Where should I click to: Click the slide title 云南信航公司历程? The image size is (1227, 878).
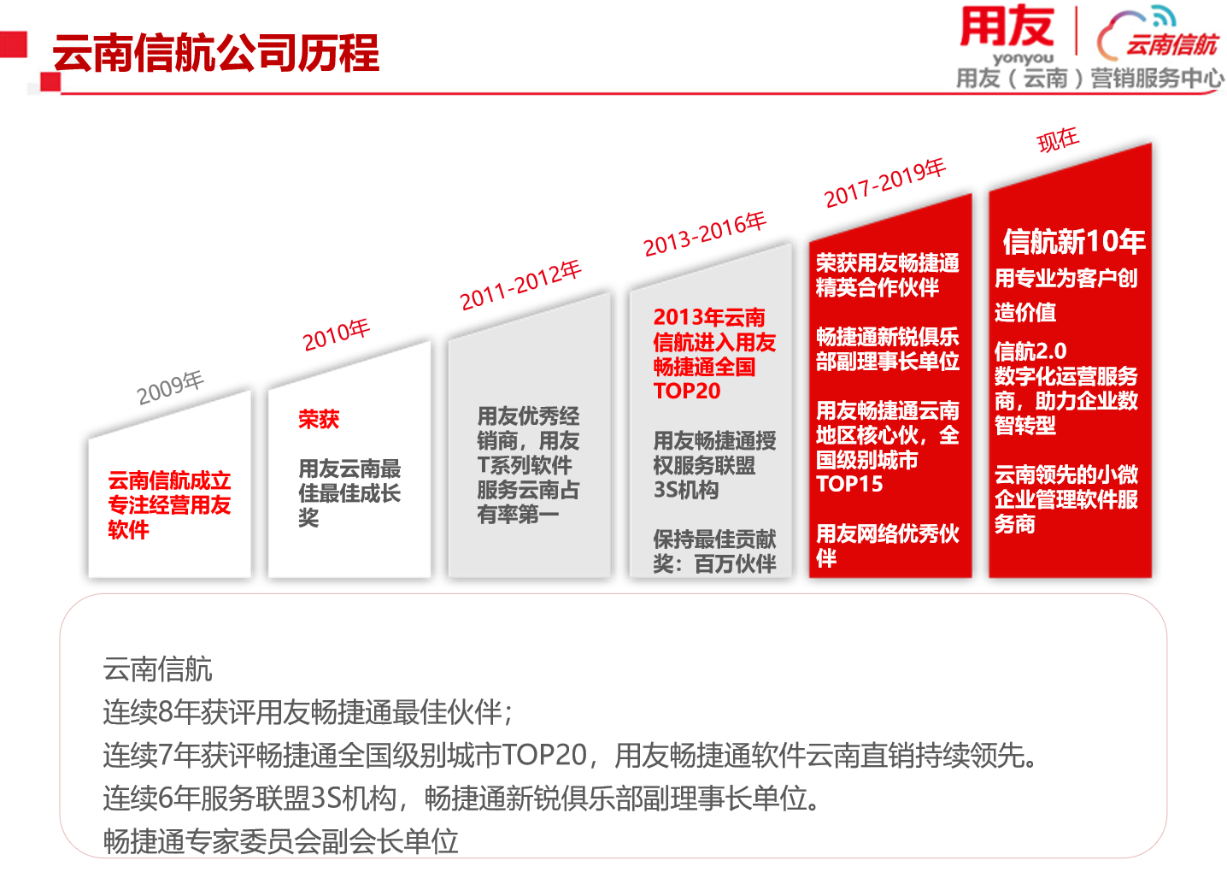point(215,53)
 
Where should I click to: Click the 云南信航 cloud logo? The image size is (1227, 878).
point(1157,34)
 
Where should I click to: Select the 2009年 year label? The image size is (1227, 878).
point(170,387)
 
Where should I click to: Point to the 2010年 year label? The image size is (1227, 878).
point(337,334)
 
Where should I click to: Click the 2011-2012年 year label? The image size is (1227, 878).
point(520,286)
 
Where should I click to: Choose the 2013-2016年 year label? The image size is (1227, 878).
point(705,234)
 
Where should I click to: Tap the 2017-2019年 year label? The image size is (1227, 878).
point(885,183)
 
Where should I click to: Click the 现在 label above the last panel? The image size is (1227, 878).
point(1058,139)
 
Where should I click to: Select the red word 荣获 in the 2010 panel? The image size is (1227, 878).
point(319,419)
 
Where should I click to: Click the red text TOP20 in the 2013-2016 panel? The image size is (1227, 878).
point(687,391)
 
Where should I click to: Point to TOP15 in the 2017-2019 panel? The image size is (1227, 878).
point(849,484)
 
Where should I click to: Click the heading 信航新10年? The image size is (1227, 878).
point(1073,241)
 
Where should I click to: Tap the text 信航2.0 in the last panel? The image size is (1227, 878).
point(1030,351)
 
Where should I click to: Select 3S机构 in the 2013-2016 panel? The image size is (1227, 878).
point(686,489)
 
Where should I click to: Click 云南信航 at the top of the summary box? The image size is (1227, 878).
point(158,669)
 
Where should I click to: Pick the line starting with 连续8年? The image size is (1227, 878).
point(308,712)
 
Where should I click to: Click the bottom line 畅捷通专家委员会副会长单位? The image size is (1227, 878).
point(280,841)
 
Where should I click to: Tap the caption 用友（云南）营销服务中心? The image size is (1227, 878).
point(1089,79)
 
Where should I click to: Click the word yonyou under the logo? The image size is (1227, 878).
point(1023,58)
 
